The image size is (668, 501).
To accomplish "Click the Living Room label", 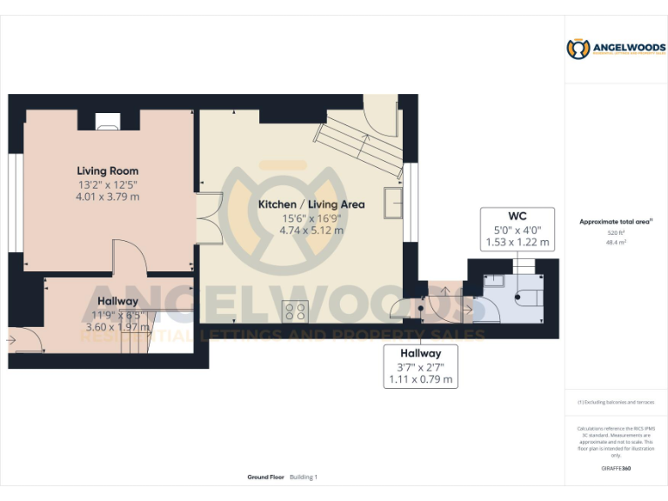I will [x=107, y=170].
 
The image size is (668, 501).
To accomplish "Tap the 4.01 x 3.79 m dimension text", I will [x=107, y=197].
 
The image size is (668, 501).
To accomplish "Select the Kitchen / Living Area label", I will [x=311, y=204].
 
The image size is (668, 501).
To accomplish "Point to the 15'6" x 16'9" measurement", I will [x=311, y=218].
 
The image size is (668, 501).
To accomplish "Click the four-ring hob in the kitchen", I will [x=295, y=311].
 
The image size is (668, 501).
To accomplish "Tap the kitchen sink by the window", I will [x=393, y=204].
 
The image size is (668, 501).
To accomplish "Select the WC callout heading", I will [x=518, y=216].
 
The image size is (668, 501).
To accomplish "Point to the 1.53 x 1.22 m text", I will [x=518, y=242].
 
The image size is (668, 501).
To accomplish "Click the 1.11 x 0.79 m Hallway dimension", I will [x=420, y=379].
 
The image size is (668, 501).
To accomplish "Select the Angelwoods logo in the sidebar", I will [x=616, y=49].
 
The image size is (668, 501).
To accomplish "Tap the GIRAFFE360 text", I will [x=616, y=469].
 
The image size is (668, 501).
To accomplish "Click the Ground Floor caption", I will [x=262, y=478].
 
